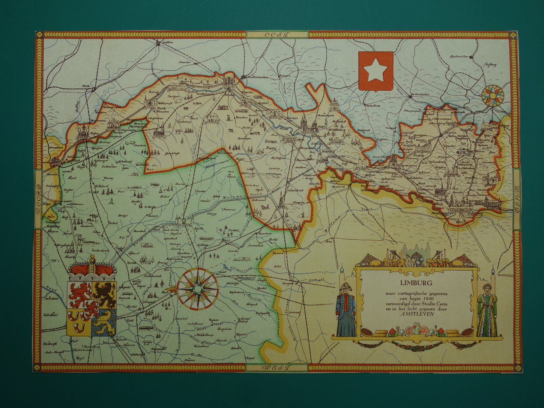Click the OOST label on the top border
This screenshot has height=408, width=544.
click(x=277, y=35)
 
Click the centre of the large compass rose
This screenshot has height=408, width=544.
click(x=198, y=288)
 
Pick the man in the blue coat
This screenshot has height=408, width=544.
click(x=346, y=309)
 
